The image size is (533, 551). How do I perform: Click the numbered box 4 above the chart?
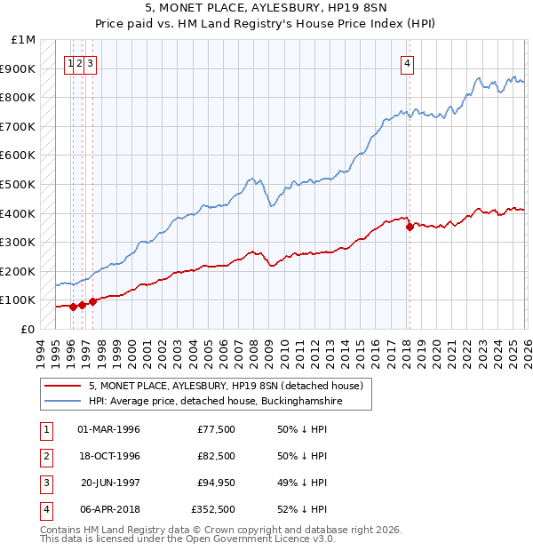tap(407, 63)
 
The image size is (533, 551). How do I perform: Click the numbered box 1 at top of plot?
tap(69, 63)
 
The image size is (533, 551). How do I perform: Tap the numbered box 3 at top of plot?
tap(91, 63)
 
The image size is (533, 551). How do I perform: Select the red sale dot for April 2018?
tap(410, 227)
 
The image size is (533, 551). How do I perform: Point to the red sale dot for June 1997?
tap(92, 301)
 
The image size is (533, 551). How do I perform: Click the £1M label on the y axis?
tap(24, 40)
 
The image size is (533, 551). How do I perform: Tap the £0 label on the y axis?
tap(28, 329)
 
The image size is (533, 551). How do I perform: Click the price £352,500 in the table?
tap(214, 509)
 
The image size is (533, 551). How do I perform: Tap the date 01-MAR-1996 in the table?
tap(109, 429)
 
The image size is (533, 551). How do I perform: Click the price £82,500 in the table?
tap(217, 456)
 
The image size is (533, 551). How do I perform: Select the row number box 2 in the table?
tap(45, 456)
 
